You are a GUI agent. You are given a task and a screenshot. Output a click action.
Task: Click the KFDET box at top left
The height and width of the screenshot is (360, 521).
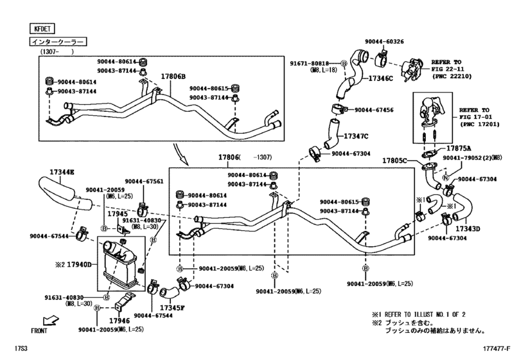coord(40,28)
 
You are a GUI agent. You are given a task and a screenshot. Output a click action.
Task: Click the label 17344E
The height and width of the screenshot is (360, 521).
coord(62,172)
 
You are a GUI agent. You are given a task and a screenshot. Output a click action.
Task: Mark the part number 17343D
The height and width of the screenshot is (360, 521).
coord(468,228)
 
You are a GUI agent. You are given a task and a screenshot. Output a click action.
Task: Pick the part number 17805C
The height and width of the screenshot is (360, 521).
coord(395,160)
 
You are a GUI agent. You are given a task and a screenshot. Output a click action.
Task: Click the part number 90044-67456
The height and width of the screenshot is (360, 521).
coord(375,110)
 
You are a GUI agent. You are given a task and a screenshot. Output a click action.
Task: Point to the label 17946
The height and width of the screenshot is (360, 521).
coord(120,319)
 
